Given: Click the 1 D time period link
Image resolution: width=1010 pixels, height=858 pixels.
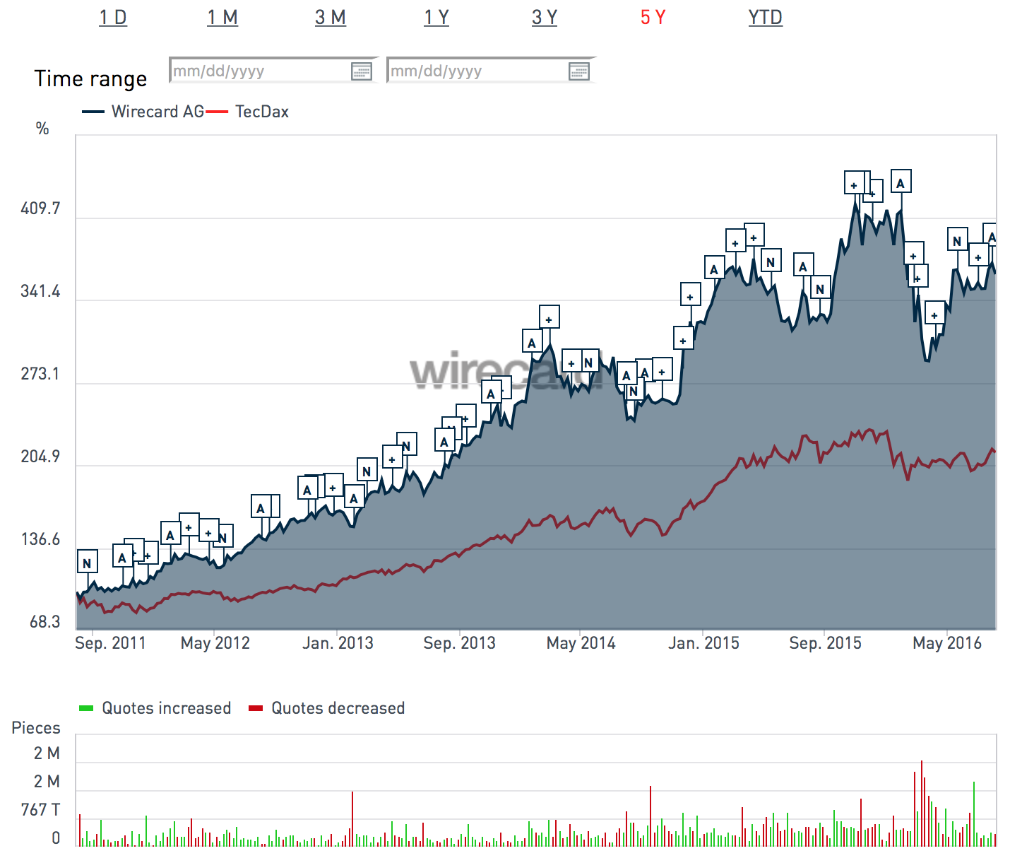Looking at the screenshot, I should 113,18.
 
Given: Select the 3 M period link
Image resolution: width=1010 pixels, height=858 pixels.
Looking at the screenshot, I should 331,18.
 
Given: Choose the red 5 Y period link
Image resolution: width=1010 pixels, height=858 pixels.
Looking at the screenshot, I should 653,18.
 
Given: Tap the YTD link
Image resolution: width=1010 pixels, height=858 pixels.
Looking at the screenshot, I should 766,18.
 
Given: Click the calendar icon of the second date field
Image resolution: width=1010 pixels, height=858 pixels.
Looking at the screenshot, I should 578,71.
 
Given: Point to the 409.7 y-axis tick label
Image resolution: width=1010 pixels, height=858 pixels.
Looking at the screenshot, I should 40,208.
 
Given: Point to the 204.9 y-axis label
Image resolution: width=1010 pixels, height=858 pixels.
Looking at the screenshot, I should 40,457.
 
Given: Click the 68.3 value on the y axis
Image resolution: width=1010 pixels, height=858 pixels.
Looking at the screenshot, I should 44,622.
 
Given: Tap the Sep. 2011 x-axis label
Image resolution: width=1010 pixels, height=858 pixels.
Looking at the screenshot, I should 110,643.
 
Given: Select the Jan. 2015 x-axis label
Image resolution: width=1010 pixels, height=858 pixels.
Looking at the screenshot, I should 703,643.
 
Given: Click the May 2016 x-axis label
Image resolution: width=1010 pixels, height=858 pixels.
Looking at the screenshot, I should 947,643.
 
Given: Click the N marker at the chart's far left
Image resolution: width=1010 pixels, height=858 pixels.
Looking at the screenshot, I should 87,563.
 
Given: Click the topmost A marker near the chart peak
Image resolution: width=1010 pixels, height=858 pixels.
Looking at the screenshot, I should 901,183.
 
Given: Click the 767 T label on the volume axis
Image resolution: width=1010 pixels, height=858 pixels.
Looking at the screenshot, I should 40,810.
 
